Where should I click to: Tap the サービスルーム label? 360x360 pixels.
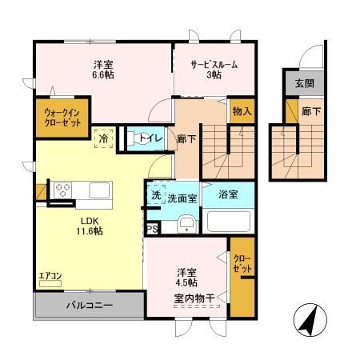212,66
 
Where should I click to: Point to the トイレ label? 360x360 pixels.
151,138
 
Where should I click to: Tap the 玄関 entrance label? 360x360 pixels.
304,83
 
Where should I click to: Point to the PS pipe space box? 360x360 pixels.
152,228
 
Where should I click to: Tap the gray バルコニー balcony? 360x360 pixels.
88,305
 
